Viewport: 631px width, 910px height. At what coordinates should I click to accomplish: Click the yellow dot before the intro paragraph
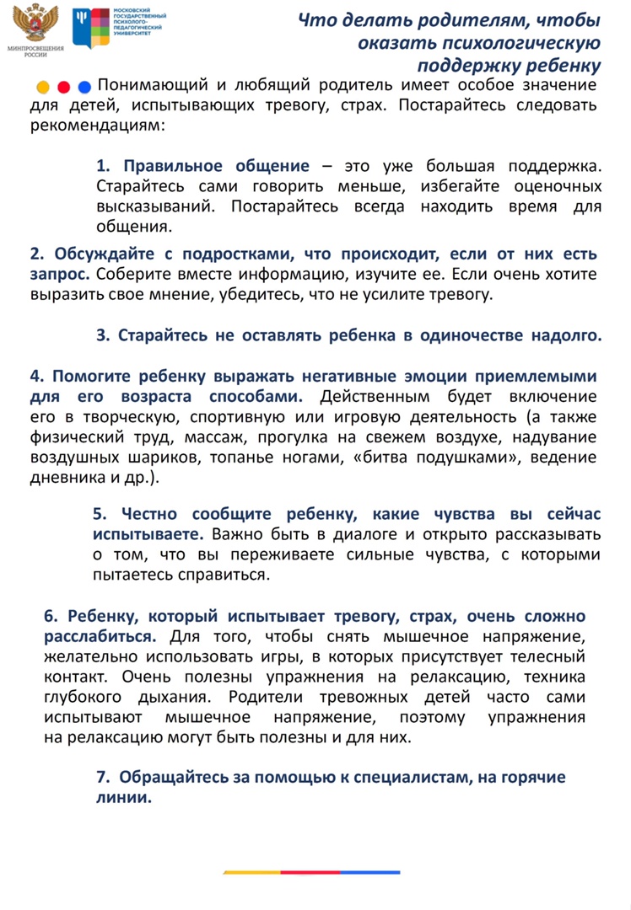42,87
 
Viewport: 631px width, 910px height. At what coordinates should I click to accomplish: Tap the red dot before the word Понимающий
63,87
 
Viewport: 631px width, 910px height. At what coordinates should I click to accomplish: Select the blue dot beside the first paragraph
84,87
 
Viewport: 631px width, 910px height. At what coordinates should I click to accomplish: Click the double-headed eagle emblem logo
35,24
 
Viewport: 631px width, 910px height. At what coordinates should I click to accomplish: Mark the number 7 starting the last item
101,778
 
